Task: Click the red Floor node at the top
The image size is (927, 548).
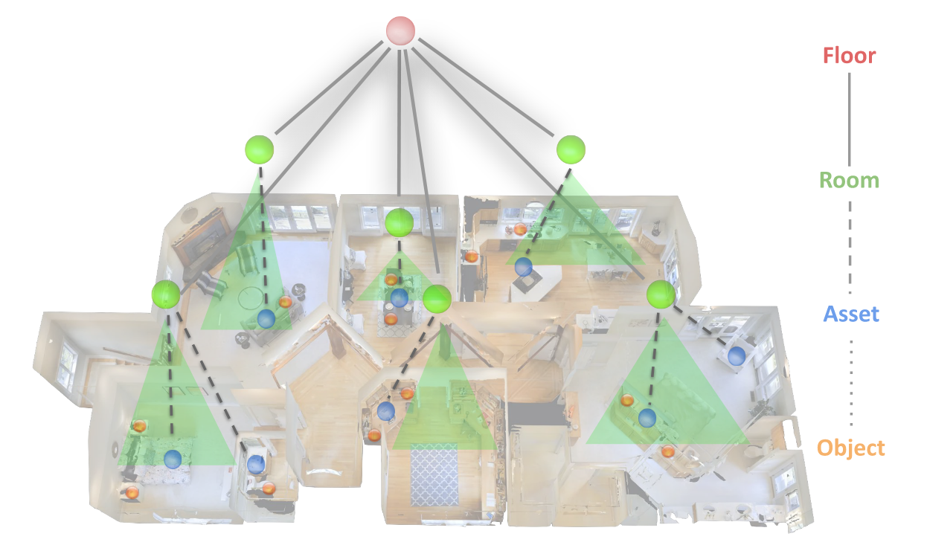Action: (400, 30)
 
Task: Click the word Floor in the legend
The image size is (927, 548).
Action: (849, 56)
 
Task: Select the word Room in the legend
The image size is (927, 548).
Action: (849, 181)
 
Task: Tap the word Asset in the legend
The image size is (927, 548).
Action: (851, 315)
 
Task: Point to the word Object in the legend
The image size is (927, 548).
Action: (851, 448)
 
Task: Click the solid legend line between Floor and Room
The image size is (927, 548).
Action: (850, 117)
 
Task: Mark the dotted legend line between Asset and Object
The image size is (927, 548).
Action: (851, 381)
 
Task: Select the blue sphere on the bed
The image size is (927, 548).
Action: (173, 459)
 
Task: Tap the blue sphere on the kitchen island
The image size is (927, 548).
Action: (524, 266)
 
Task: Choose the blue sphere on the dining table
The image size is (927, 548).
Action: (400, 298)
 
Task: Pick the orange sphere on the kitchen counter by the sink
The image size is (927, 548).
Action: (520, 228)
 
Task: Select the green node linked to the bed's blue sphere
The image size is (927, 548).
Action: (165, 294)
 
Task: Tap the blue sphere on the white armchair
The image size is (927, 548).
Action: (737, 355)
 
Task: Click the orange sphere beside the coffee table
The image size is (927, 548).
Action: (285, 302)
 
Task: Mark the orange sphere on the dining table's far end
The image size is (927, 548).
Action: (391, 280)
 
